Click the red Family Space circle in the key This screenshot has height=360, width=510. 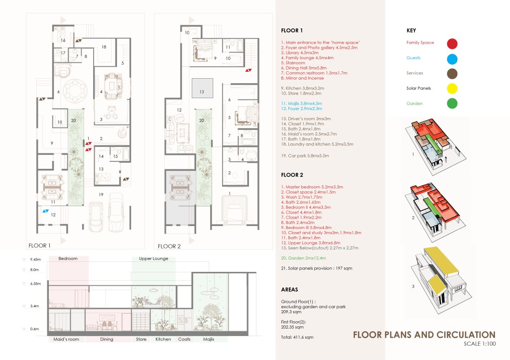tap(452, 44)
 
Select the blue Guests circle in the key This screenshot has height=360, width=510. tap(452, 59)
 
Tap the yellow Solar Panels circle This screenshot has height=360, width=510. tap(452, 89)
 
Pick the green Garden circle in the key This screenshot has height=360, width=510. tap(452, 104)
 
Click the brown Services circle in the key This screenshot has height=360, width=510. tap(452, 74)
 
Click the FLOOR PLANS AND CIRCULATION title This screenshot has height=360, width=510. tap(424, 335)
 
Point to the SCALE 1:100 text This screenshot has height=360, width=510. tap(480, 344)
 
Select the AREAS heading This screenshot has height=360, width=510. tap(289, 289)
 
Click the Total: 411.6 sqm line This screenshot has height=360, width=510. tap(297, 337)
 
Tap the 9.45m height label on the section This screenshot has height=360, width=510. tap(35, 259)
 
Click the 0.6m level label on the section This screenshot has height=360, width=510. tap(34, 329)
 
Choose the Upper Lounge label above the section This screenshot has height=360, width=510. tap(153, 258)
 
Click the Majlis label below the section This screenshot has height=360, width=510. tap(209, 339)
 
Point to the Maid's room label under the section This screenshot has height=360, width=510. tap(66, 339)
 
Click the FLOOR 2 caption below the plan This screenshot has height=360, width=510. tap(169, 246)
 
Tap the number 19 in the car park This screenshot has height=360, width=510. tap(101, 195)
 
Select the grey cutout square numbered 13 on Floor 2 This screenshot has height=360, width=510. tap(202, 88)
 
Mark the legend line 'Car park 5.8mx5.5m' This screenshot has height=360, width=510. tap(305, 156)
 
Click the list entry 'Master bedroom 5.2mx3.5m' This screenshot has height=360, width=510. tap(312, 187)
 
